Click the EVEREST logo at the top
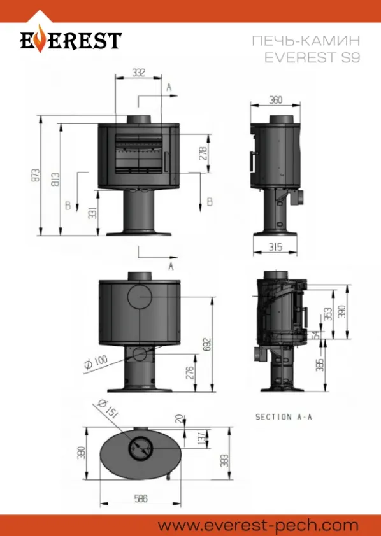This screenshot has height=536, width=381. coord(71,40)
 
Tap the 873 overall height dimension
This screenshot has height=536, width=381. coord(36,175)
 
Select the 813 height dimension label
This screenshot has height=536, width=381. coord(56,180)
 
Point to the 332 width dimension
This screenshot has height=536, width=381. coord(138,73)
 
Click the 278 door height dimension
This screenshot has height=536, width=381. coord(203,153)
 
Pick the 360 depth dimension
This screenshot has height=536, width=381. coord(276,100)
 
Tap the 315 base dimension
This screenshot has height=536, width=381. coord(275,247)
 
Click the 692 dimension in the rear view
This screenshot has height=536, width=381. coord(208,345)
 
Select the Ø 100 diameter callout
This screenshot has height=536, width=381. coord(96,362)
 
